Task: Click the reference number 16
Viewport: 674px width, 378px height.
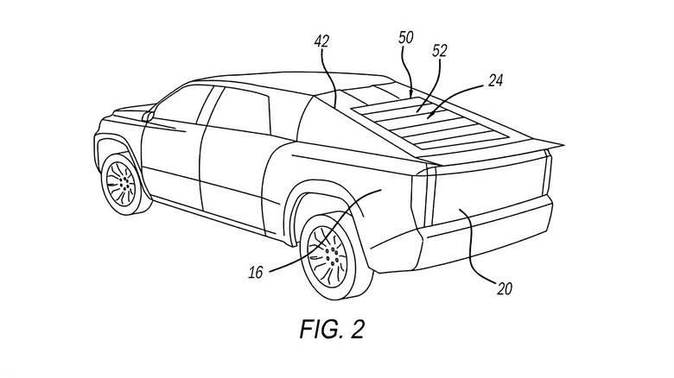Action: tap(255, 274)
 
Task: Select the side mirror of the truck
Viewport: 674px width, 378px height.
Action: tap(149, 115)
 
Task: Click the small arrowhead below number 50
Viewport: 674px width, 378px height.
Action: tap(410, 87)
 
